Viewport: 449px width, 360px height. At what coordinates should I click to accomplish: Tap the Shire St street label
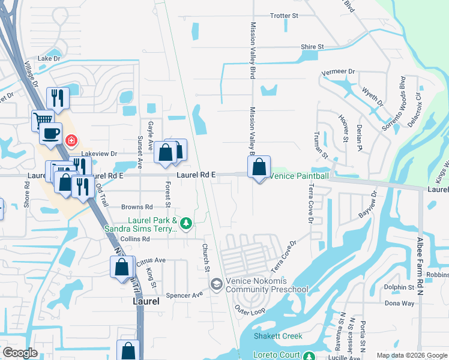click(312, 46)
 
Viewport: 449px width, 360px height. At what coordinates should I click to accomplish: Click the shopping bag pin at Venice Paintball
click(259, 168)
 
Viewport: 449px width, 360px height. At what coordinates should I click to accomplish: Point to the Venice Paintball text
click(299, 176)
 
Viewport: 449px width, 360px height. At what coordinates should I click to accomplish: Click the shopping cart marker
click(42, 119)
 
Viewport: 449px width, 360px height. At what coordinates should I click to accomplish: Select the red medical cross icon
click(72, 140)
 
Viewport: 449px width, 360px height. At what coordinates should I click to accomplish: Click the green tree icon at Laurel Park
click(186, 224)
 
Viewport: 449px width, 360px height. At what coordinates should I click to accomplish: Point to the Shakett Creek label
click(278, 336)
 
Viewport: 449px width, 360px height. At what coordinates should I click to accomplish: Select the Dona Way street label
click(399, 303)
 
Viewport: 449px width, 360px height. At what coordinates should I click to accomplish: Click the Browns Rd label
click(133, 206)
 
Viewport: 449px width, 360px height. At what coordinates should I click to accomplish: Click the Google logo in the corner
click(20, 353)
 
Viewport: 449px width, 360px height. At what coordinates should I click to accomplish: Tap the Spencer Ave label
click(185, 295)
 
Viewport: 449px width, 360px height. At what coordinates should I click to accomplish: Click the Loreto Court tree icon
click(309, 356)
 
